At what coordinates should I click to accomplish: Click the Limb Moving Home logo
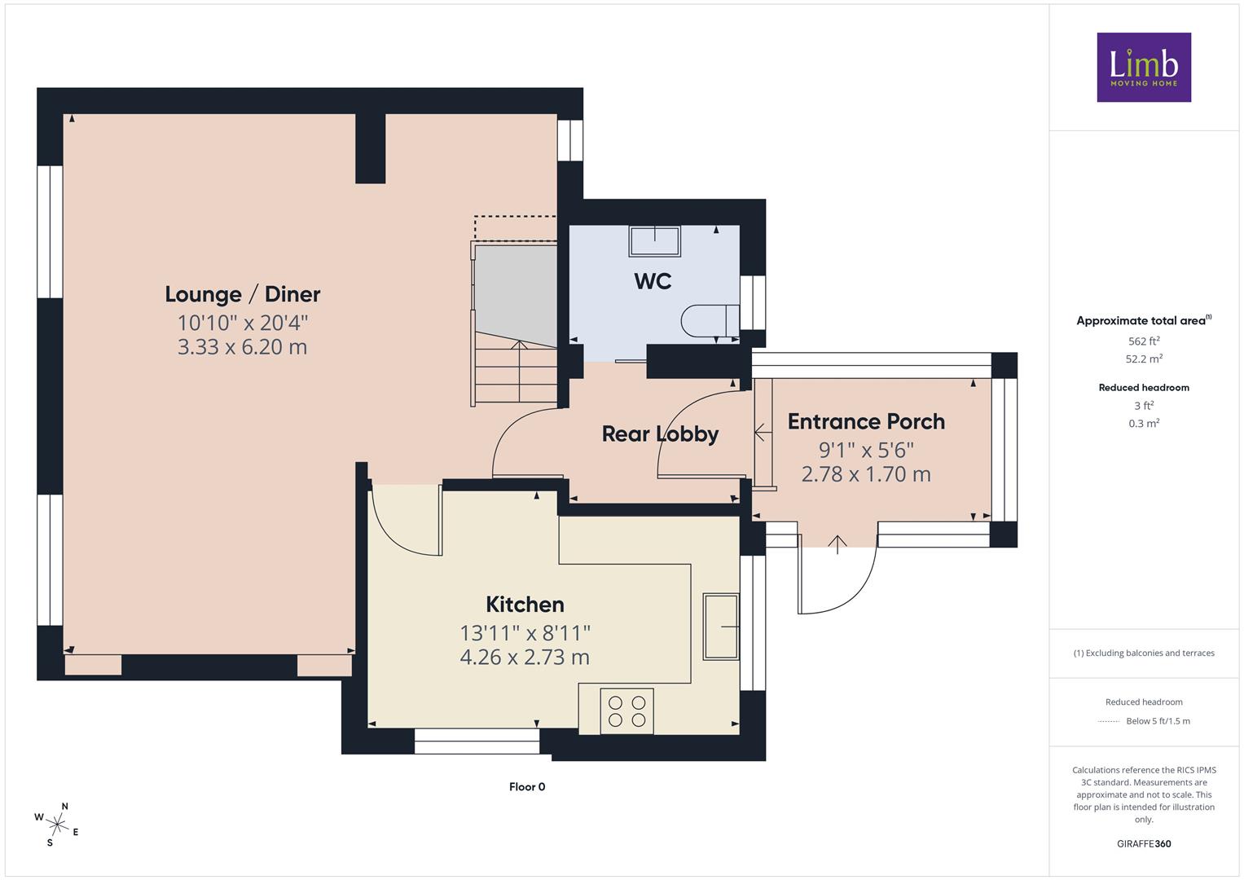(1144, 67)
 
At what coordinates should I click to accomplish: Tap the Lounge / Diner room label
(243, 294)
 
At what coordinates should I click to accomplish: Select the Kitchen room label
(525, 605)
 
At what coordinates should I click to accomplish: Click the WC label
(653, 282)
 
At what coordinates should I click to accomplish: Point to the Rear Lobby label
(661, 434)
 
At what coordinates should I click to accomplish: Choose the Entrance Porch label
(866, 422)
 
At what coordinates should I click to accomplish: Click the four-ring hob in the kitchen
(627, 711)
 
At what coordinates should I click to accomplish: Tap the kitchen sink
(721, 627)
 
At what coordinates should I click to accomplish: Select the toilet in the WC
(710, 320)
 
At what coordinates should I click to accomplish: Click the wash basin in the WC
(655, 241)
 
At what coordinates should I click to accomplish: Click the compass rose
(57, 825)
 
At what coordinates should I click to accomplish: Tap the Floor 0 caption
(527, 786)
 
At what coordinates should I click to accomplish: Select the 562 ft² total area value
(1144, 341)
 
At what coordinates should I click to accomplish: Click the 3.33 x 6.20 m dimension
(242, 347)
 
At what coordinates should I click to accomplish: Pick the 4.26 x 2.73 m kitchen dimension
(525, 658)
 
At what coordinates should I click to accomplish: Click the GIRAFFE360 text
(1144, 844)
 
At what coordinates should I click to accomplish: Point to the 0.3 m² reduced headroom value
(1144, 424)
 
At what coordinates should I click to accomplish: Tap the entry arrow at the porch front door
(837, 544)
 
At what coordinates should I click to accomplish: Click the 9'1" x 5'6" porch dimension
(866, 450)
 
